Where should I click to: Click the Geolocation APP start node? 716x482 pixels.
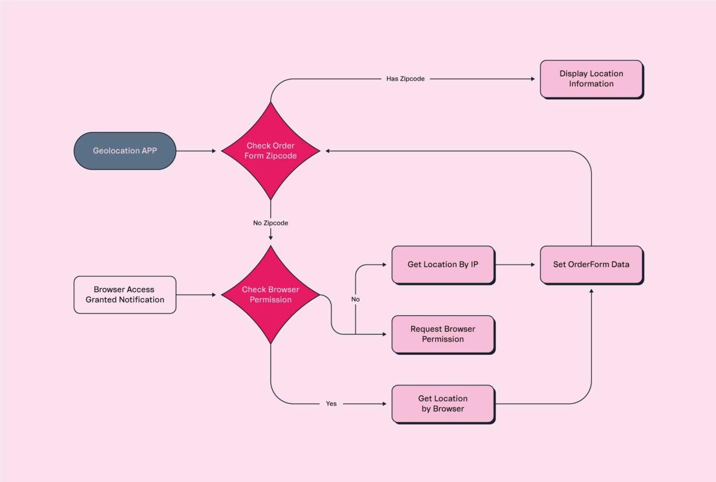125,150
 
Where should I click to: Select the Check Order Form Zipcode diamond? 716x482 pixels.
270,150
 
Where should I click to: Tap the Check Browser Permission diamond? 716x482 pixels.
270,295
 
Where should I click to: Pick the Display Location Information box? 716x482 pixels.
591,79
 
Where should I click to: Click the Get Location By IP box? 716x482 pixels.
443,264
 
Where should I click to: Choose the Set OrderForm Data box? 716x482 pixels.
591,264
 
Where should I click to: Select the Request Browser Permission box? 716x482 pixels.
443,334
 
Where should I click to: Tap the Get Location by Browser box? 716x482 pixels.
443,404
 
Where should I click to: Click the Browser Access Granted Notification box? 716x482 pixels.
125,295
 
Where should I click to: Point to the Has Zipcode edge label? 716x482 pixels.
405,79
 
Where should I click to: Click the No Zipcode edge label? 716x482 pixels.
270,223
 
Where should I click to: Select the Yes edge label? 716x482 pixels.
331,404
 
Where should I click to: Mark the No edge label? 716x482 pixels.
355,299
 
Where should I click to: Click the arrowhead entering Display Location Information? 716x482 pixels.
532,79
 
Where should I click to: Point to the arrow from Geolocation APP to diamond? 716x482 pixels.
196,150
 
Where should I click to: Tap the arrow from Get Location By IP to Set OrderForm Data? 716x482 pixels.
515,264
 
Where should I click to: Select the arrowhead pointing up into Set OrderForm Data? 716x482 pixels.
591,290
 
